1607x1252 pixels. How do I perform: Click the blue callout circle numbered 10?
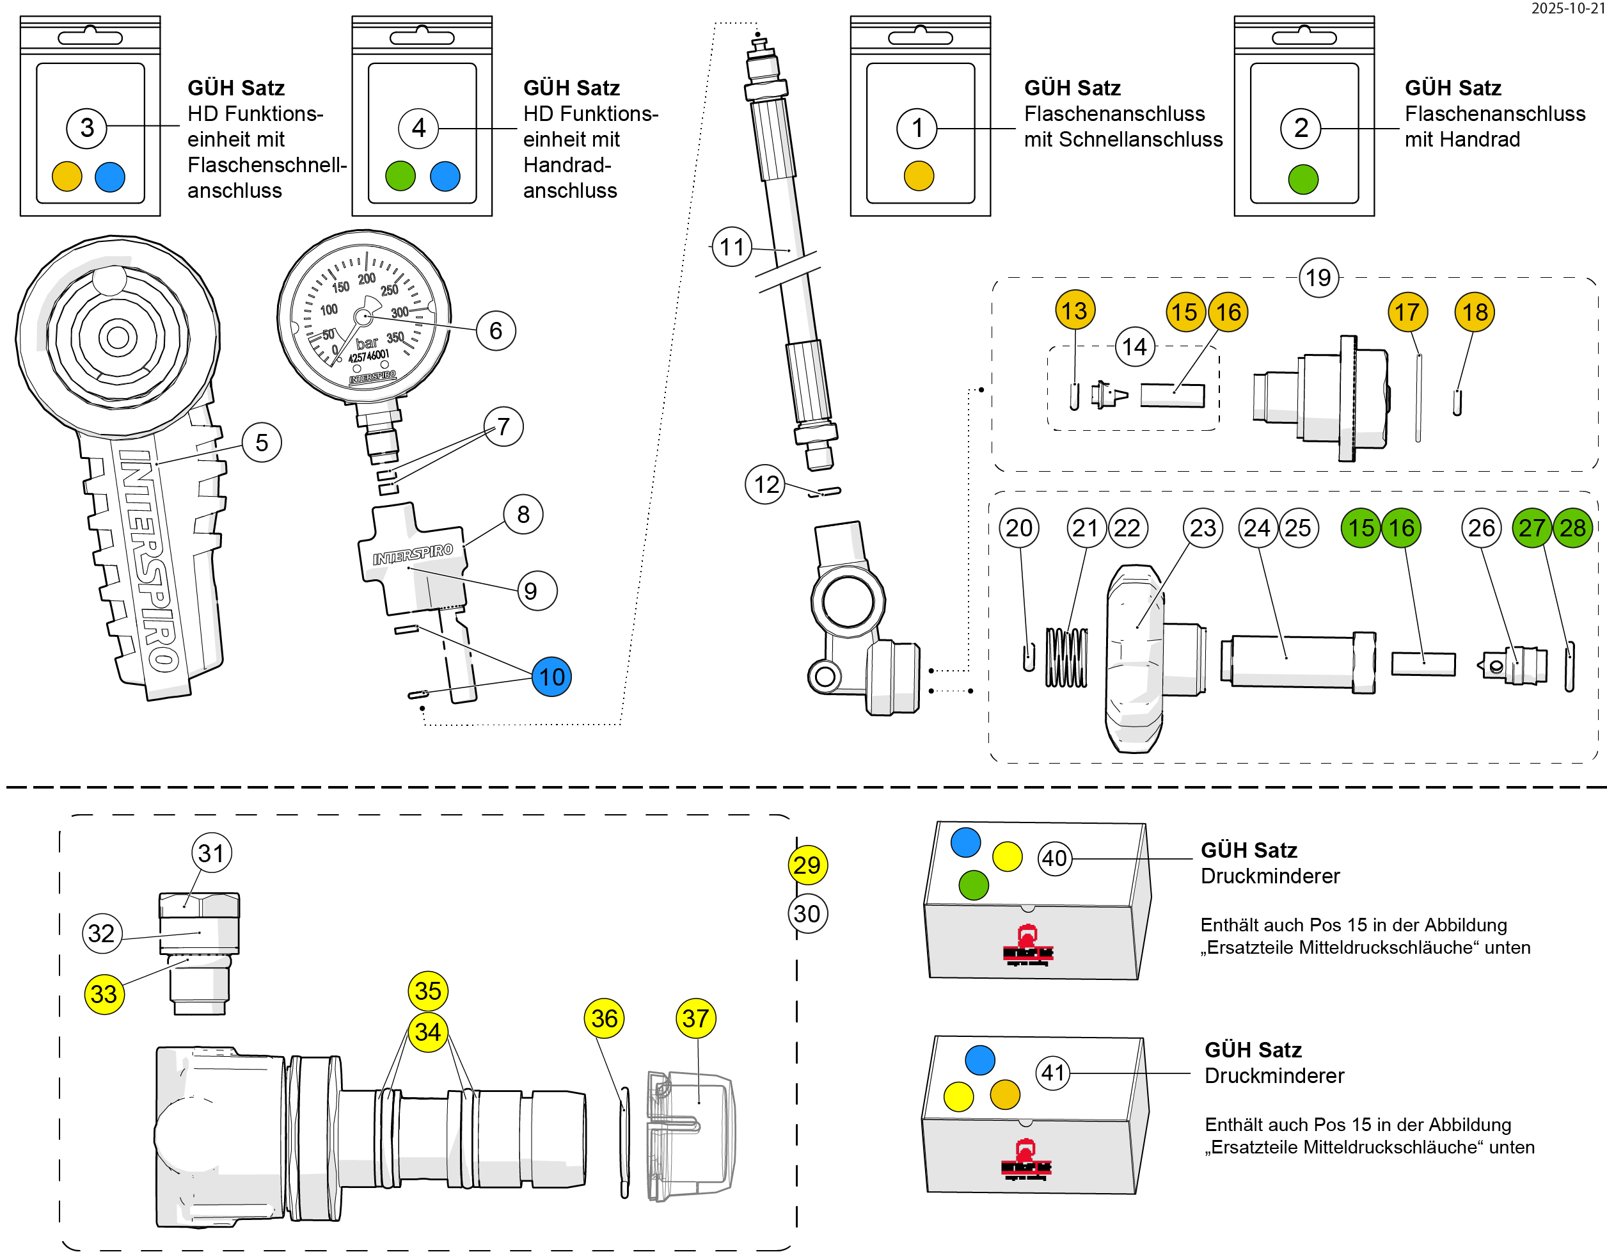(x=551, y=677)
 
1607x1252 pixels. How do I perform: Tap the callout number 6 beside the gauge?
(x=495, y=330)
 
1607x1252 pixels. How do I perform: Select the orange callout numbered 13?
(x=1074, y=310)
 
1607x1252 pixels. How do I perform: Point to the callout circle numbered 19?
(x=1318, y=278)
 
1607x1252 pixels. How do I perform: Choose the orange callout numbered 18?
(x=1475, y=312)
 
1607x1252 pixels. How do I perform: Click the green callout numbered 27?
(x=1532, y=527)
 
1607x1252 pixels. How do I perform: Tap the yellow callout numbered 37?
(x=695, y=1018)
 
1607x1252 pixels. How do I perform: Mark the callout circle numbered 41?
(x=1052, y=1072)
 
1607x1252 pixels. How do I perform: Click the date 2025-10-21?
(x=1567, y=8)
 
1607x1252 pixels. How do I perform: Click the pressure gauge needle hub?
(x=363, y=316)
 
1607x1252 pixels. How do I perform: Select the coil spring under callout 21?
(x=1066, y=657)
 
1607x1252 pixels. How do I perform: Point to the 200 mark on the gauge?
(x=367, y=279)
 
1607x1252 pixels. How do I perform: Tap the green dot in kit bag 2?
(x=1302, y=179)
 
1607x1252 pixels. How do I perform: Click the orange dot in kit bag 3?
(x=67, y=177)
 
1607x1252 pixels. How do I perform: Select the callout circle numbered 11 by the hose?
(x=731, y=246)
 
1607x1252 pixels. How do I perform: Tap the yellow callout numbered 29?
(x=807, y=865)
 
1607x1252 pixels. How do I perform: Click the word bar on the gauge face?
(x=367, y=343)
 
